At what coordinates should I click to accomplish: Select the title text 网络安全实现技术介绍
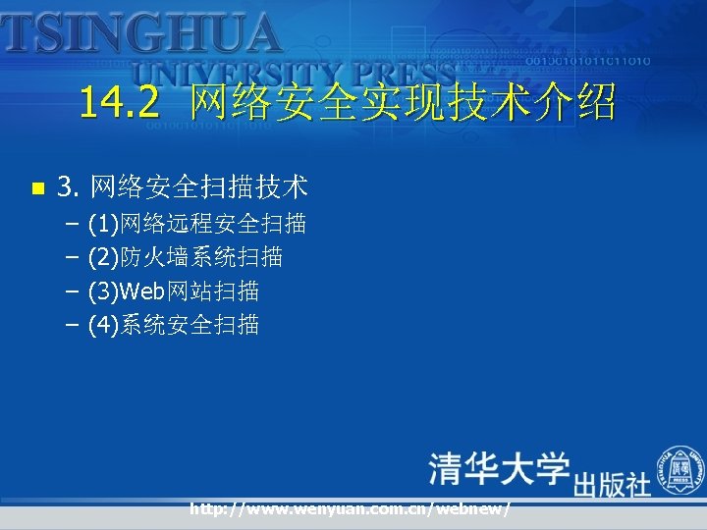click(x=404, y=102)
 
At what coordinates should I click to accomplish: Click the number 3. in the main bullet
click(x=69, y=185)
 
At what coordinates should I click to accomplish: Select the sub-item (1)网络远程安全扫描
click(x=196, y=225)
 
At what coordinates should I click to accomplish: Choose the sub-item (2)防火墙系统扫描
click(x=185, y=257)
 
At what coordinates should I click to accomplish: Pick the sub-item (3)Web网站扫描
click(x=174, y=291)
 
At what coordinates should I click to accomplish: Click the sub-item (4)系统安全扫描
click(x=174, y=324)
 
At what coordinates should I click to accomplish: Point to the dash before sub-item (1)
click(x=74, y=225)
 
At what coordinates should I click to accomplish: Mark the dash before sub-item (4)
click(x=74, y=324)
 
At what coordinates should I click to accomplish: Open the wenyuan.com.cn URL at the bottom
click(x=350, y=508)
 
